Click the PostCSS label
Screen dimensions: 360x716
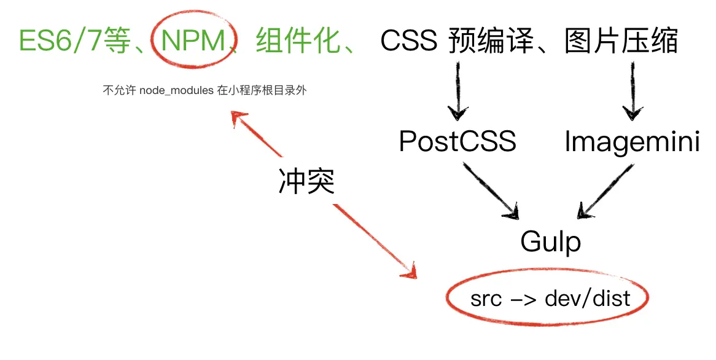(x=457, y=142)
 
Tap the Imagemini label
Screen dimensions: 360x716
(x=632, y=142)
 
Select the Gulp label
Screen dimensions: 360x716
(x=550, y=241)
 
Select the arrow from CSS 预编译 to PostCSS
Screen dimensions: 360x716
(x=457, y=89)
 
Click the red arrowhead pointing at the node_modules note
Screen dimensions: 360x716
(x=238, y=119)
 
